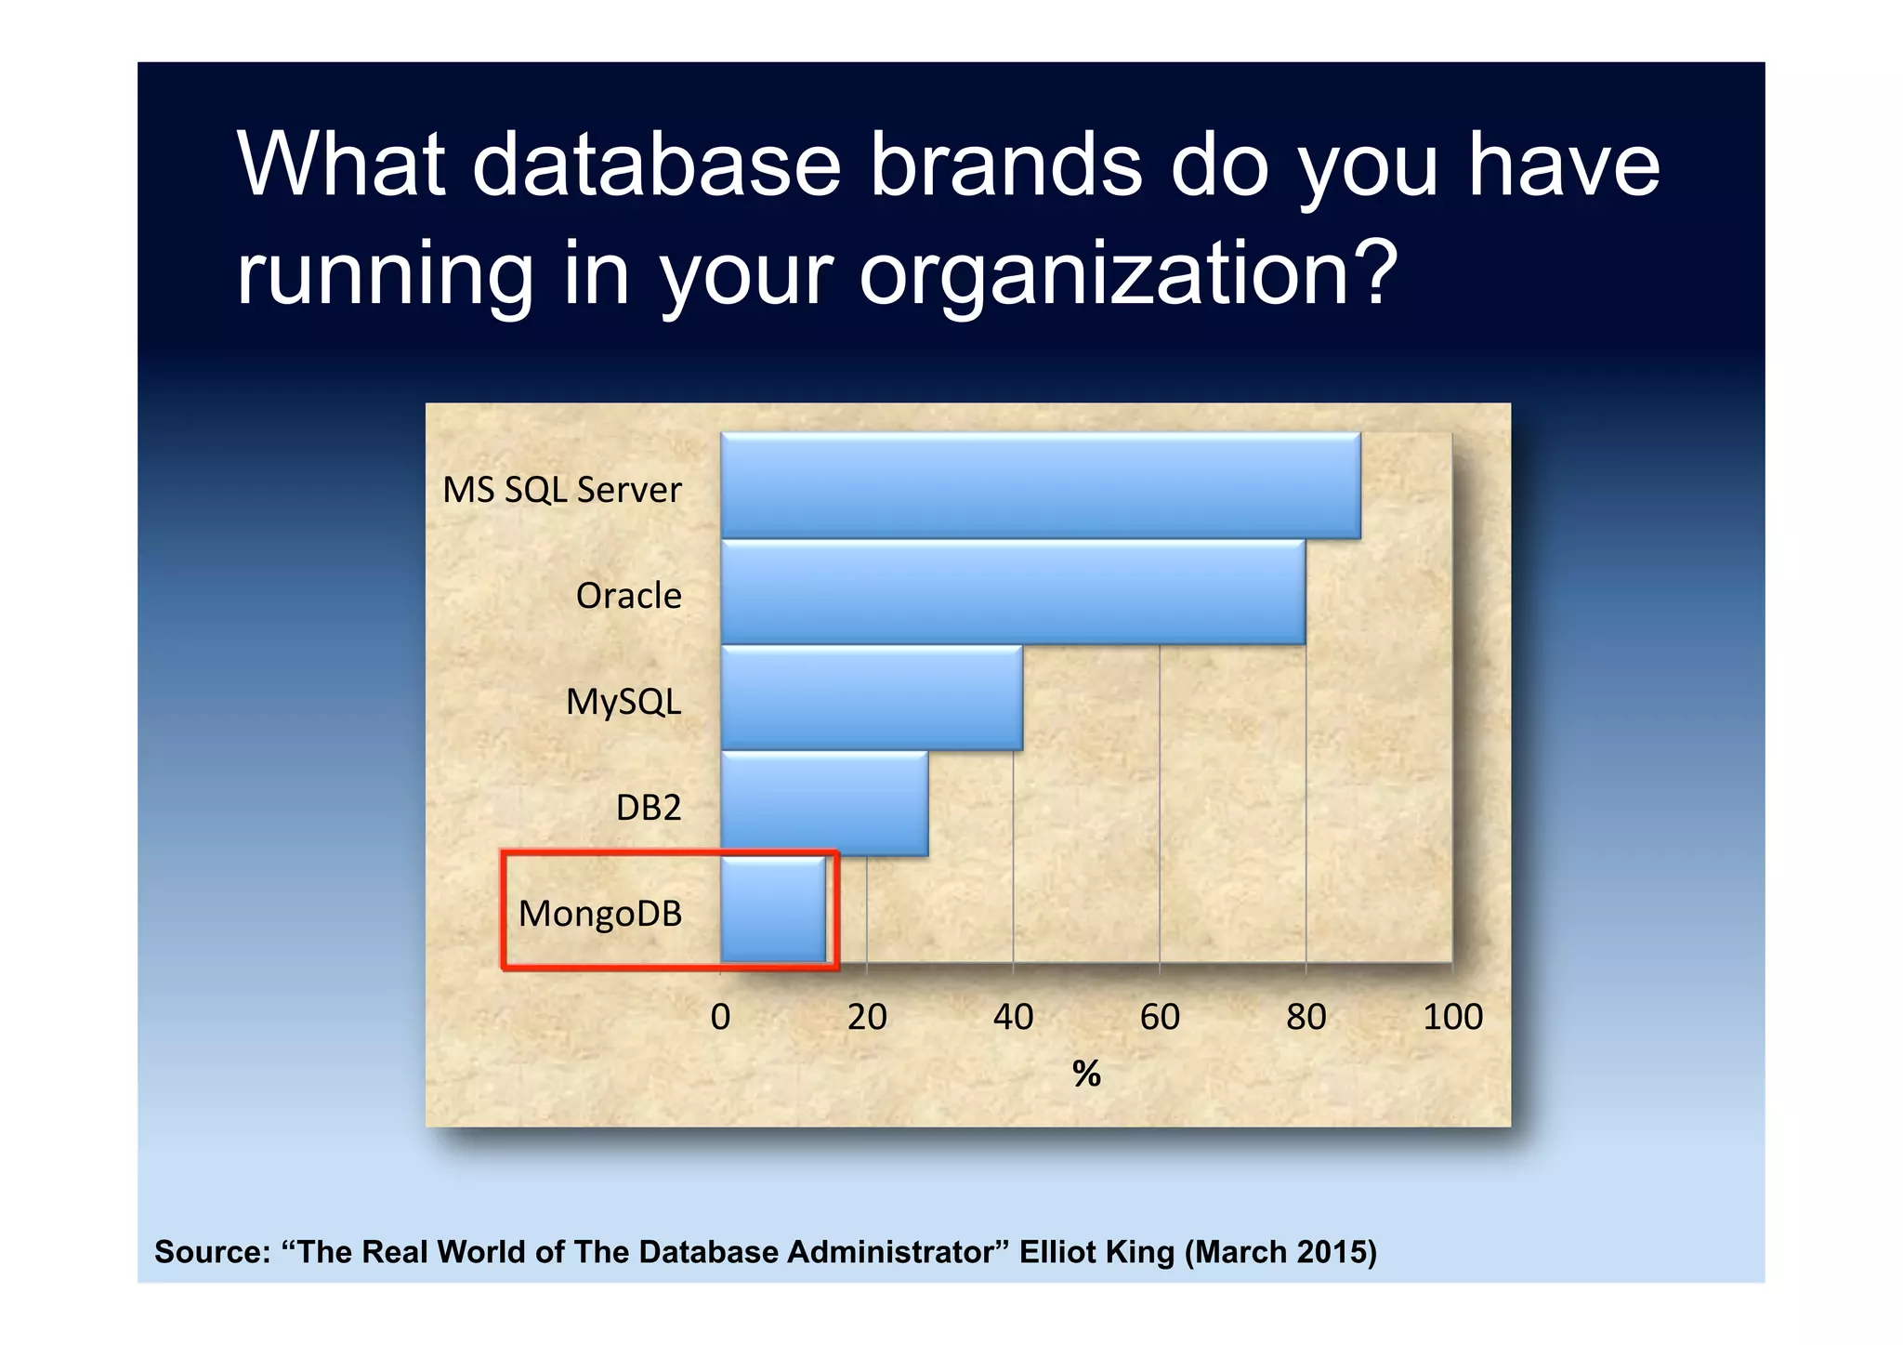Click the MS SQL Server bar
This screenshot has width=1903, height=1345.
[1040, 485]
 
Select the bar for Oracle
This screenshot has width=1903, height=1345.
[1012, 592]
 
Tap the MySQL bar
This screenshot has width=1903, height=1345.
[871, 698]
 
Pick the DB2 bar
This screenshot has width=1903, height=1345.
[823, 804]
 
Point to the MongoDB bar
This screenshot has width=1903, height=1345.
[772, 910]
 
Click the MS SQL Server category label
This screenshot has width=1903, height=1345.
[561, 490]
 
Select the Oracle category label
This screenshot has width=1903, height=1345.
[628, 596]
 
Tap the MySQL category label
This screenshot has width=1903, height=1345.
[623, 702]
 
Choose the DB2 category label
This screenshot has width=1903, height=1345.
[649, 808]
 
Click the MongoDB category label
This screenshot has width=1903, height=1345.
[599, 914]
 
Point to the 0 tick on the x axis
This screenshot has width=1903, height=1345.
[720, 1017]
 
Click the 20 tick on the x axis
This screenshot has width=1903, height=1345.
[867, 1017]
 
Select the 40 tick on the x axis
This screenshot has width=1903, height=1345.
[1013, 1017]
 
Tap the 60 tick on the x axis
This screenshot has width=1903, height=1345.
[1160, 1017]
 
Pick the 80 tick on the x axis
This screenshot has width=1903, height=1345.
[1306, 1017]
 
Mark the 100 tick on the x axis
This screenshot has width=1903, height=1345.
[1452, 1017]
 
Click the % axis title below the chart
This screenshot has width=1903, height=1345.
[1086, 1075]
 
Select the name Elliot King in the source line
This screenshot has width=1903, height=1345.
[1096, 1252]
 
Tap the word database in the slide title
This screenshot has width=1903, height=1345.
[656, 165]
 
